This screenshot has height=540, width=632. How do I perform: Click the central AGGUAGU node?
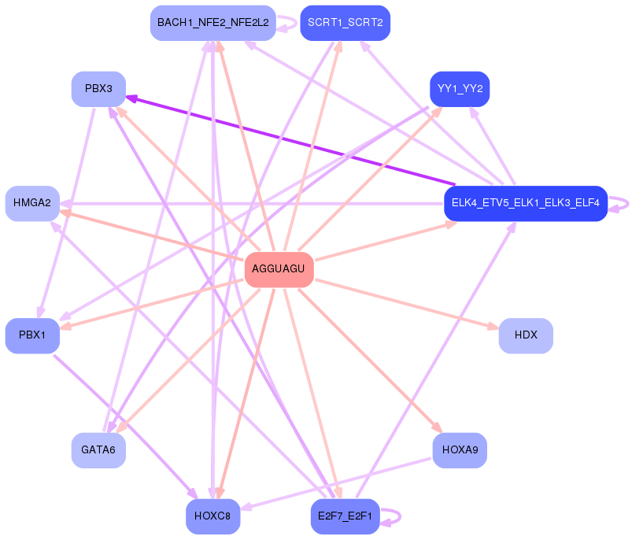tap(279, 269)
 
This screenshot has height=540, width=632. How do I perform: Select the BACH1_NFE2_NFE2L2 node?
tap(213, 22)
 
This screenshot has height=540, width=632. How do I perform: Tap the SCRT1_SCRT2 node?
tap(345, 22)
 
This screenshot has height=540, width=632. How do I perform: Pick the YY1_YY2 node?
tap(460, 89)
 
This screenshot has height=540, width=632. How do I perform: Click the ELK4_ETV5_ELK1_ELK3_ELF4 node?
tap(525, 203)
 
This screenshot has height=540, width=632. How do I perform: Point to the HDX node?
tap(525, 335)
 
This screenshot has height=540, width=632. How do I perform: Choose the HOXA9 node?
tap(460, 450)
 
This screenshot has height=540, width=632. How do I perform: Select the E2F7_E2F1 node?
tap(345, 516)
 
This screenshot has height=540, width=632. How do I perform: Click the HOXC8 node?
tap(213, 516)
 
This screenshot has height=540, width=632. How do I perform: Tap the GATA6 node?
tap(98, 450)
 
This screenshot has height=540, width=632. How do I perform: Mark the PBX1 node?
tap(32, 335)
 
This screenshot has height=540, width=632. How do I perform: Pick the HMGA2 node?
tap(32, 203)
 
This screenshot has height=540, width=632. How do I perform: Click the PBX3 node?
tap(98, 89)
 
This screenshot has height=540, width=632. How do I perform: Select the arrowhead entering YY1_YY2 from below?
tap(439, 111)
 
